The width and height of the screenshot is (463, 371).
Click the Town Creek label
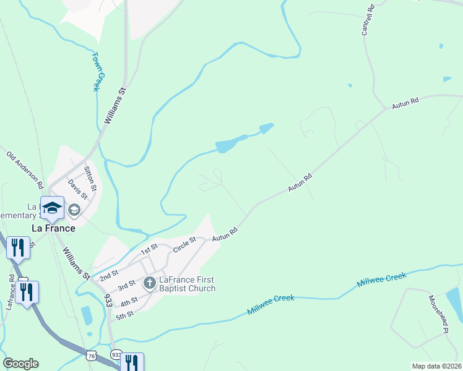(96, 71)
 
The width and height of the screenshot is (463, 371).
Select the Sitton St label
(90, 179)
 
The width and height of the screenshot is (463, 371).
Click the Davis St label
(78, 189)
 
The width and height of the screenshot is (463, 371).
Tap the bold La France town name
(54, 228)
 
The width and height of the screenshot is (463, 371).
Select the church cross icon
(149, 284)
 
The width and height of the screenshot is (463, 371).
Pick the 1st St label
(149, 250)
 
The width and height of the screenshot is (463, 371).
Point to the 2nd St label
(110, 275)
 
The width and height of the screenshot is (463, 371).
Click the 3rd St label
(126, 287)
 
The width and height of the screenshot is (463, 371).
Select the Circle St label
(184, 243)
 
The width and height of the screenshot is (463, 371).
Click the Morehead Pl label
(438, 315)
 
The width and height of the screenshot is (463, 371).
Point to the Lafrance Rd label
(11, 292)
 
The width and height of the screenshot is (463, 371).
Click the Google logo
(20, 364)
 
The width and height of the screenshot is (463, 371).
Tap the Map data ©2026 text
(437, 366)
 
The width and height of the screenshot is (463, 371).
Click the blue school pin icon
(53, 208)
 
